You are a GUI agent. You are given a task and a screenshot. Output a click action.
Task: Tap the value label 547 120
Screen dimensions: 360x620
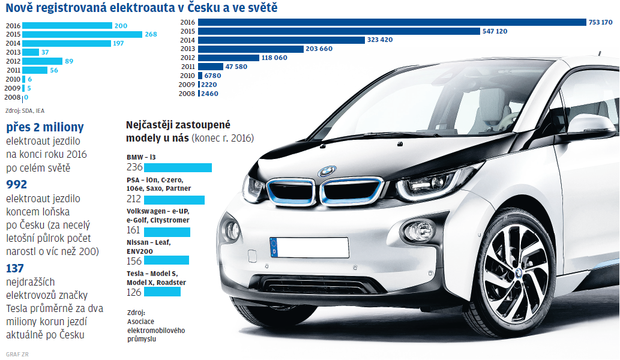(x=495, y=31)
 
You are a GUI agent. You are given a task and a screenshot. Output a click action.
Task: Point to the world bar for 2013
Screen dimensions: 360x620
(x=250, y=49)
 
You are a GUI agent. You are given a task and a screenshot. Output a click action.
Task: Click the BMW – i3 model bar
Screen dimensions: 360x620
(x=178, y=167)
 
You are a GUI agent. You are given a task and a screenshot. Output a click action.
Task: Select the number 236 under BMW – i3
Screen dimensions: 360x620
(x=134, y=167)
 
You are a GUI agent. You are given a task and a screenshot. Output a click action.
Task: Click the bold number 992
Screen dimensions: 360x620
(x=16, y=185)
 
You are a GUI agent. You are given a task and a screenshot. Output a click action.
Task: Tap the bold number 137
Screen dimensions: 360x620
(x=16, y=268)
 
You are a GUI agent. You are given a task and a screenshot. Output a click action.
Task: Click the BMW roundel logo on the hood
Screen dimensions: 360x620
(x=327, y=171)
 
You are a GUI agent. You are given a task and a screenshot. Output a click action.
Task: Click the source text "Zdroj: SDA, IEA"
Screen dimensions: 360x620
(x=25, y=110)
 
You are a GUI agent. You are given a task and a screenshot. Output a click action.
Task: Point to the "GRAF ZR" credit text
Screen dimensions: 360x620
(x=17, y=354)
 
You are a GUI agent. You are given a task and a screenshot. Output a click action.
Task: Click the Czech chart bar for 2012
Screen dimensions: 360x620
(x=42, y=61)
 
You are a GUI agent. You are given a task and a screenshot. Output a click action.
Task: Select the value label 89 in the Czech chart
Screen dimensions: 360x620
(x=69, y=61)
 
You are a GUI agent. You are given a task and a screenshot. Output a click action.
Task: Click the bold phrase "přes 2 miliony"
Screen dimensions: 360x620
(x=45, y=127)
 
